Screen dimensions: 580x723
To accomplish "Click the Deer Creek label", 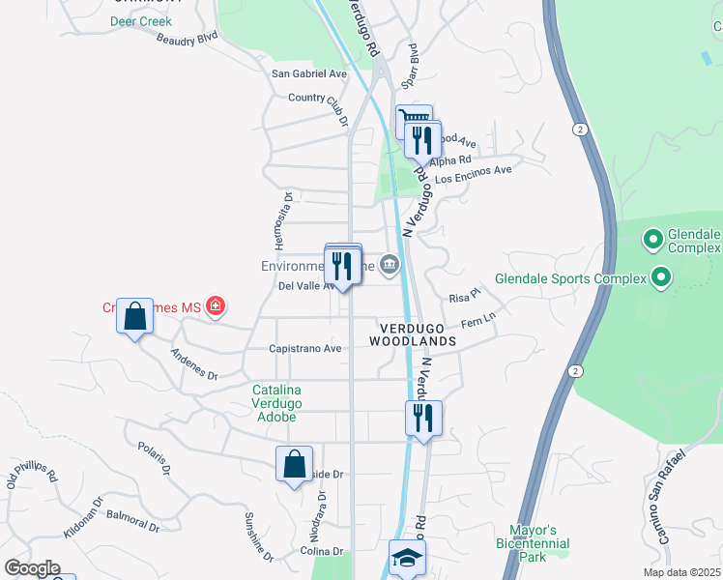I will click(141, 20).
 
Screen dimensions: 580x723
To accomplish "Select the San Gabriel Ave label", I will click(308, 73).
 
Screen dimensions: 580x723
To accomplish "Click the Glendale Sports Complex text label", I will click(569, 279).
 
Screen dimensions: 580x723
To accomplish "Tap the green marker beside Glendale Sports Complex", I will click(661, 278).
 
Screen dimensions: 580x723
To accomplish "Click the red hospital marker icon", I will click(217, 307).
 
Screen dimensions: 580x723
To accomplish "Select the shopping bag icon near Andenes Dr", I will click(134, 316).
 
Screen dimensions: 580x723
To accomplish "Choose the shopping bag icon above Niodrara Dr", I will click(294, 463).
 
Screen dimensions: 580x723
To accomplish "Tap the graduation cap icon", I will click(407, 558).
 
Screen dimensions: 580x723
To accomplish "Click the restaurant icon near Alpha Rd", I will click(422, 140).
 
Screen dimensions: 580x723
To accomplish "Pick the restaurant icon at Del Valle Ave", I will click(343, 264).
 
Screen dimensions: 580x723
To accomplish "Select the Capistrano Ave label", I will click(305, 349).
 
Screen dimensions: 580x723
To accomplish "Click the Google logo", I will click(32, 568).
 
